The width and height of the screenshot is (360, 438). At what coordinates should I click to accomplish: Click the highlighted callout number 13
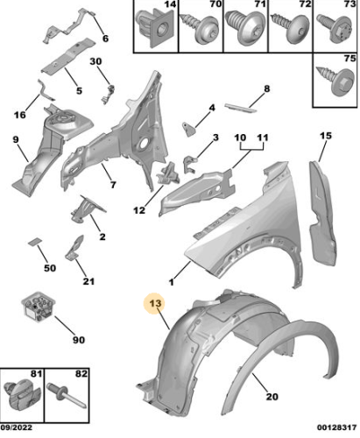pos(155,303)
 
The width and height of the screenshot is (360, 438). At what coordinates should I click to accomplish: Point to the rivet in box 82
pos(67,395)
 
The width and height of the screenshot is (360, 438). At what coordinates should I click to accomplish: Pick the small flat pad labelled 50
pos(35,242)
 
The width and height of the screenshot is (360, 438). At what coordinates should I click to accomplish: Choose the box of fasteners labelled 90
pos(38,307)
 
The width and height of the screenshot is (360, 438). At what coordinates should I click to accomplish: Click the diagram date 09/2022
pos(17,427)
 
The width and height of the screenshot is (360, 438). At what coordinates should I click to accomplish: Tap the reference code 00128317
pos(337,427)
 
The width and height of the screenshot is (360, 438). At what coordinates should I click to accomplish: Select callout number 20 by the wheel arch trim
pos(272,397)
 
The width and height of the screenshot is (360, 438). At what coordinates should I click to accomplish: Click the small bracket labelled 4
pos(188,129)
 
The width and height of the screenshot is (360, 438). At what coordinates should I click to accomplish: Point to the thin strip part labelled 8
pos(241,108)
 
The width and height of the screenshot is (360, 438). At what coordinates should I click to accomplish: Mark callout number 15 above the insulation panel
pos(326,136)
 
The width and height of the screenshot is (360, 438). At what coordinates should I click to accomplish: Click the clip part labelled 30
pos(108,94)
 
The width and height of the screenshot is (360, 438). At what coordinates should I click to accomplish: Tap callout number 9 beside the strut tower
pos(16,139)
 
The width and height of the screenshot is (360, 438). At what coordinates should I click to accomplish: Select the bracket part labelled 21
pos(74,248)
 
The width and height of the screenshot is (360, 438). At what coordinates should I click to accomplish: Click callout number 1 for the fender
pos(172,282)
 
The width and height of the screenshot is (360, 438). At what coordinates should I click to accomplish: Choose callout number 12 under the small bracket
pos(139,209)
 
